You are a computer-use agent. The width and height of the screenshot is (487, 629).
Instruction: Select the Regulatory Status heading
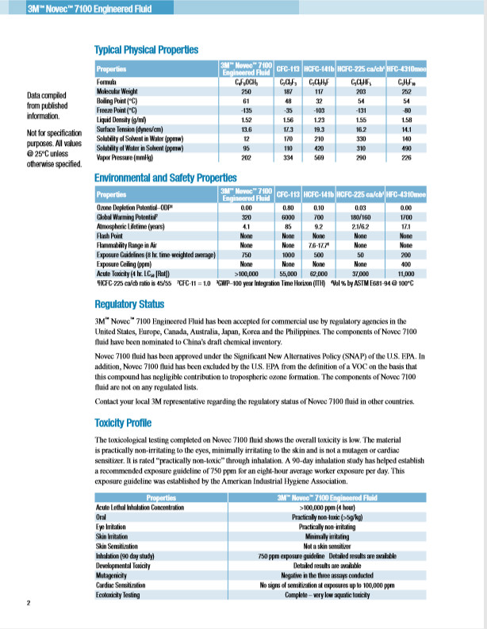[129, 304]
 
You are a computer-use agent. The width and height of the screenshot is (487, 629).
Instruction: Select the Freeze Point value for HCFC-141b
[320, 110]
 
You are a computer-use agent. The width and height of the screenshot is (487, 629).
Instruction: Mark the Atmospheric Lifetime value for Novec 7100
[246, 224]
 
